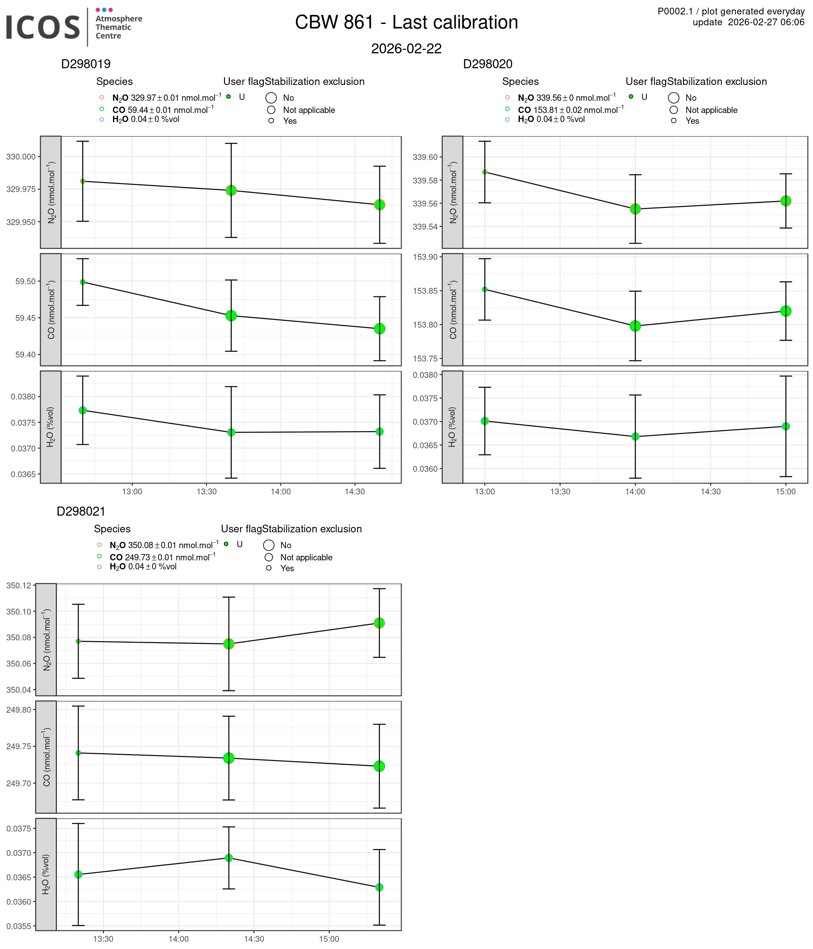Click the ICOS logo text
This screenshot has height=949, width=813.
(43, 27)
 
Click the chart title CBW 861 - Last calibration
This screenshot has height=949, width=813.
(406, 23)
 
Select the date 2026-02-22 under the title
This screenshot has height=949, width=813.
(406, 48)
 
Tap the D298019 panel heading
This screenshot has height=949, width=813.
(86, 64)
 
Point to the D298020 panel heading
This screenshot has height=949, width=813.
(487, 64)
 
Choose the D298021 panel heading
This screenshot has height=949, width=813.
(81, 512)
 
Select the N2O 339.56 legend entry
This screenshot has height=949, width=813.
(566, 98)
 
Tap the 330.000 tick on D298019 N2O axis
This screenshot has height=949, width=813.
(21, 157)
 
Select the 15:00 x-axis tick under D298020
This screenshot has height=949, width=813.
(785, 492)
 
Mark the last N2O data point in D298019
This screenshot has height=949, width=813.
(379, 205)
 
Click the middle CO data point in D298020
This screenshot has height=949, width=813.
(635, 326)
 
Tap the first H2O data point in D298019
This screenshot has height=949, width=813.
(83, 410)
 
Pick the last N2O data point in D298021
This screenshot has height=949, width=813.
(379, 623)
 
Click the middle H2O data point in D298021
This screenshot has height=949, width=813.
(229, 858)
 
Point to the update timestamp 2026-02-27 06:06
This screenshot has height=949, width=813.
(748, 22)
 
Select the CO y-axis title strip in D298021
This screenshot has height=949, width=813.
(46, 757)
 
